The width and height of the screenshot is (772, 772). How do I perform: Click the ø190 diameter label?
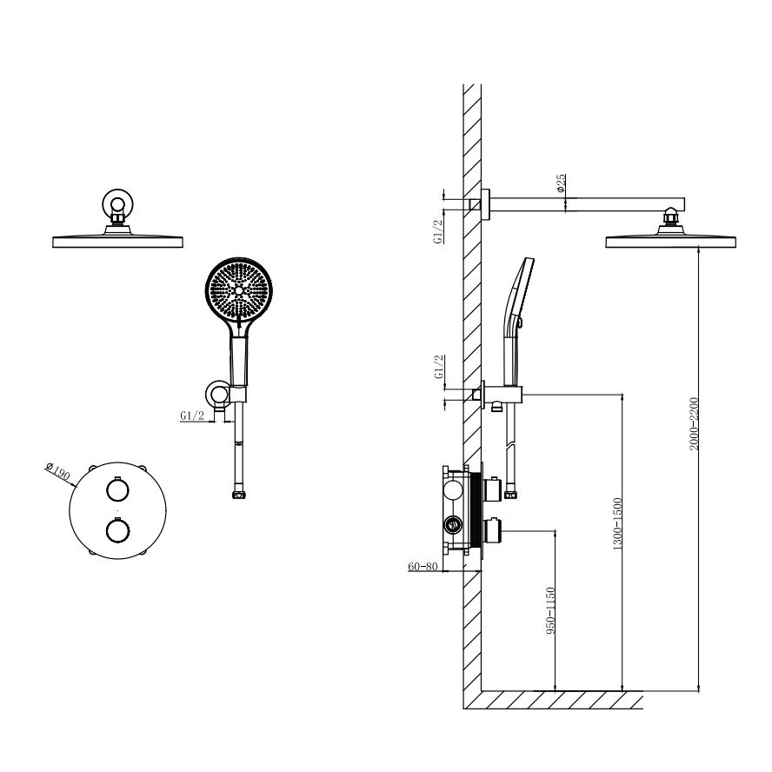click(58, 472)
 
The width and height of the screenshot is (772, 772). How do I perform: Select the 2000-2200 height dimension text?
click(694, 423)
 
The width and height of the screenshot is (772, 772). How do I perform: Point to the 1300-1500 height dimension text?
click(617, 524)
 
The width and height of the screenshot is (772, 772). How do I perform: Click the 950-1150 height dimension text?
click(550, 610)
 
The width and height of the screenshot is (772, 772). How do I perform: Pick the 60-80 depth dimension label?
click(423, 566)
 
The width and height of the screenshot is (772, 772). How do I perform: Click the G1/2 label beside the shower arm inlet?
click(437, 231)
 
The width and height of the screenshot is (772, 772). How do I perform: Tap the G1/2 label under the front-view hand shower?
click(192, 416)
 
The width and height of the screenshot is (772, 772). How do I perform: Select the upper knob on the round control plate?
click(117, 489)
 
